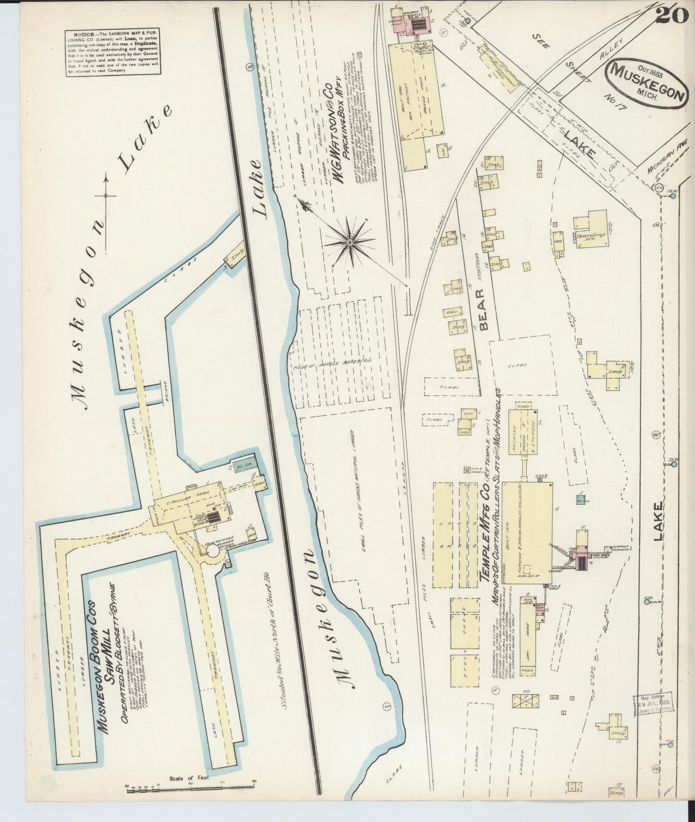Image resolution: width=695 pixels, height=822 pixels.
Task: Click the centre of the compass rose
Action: click(350, 239)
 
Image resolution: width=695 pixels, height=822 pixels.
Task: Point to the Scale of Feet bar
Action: click(190, 786)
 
